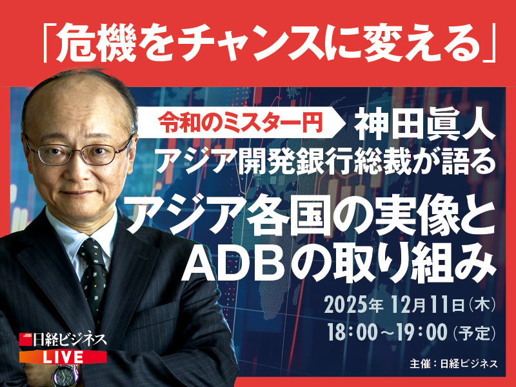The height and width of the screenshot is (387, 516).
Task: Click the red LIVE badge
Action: pos(62,357)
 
